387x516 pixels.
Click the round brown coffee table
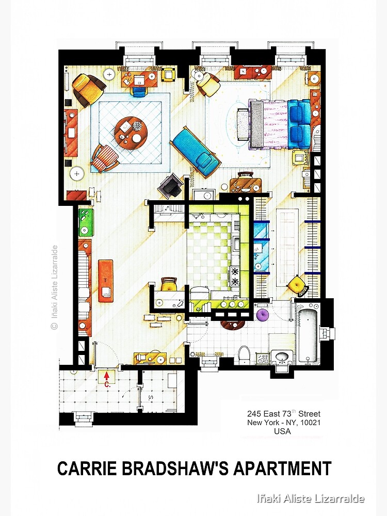pyautogui.click(x=131, y=131)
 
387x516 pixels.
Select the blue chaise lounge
pyautogui.click(x=196, y=153)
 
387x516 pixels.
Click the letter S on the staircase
pyautogui.click(x=151, y=398)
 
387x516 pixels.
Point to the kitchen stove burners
pyautogui.click(x=235, y=276)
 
